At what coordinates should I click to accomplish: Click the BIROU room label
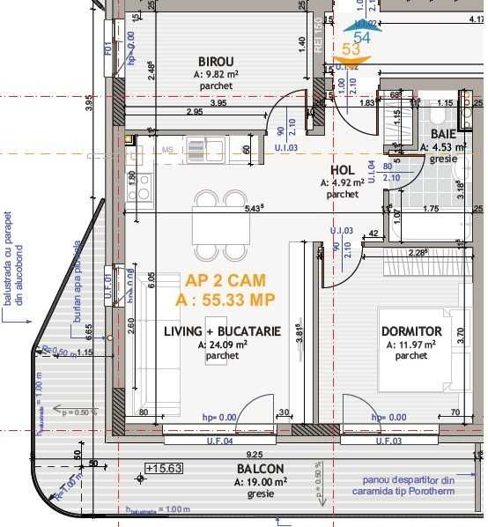point(216,61)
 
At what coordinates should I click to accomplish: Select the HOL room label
point(342,170)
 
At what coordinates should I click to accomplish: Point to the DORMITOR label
point(411,331)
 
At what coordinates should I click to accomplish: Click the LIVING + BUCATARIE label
point(222,331)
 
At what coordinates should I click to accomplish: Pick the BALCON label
point(260,469)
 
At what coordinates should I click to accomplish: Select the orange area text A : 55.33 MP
point(226,300)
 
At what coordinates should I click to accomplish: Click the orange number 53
point(351,49)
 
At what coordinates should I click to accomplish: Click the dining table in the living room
point(208,220)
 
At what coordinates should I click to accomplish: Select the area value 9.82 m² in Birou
point(218,75)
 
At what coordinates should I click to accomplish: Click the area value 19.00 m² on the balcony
point(259,483)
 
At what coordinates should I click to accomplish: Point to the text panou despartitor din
point(409,480)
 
